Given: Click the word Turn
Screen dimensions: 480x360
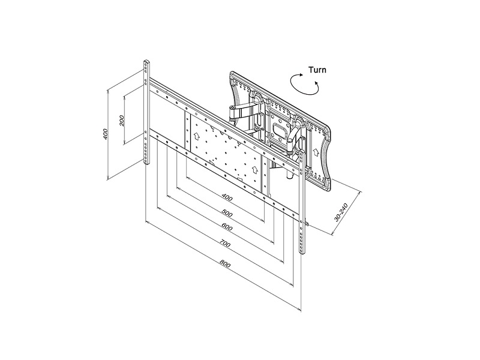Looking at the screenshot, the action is pyautogui.click(x=317, y=70).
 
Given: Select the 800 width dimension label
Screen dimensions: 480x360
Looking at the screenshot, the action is pyautogui.click(x=226, y=263).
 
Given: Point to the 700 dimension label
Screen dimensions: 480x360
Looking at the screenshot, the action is pyautogui.click(x=225, y=244).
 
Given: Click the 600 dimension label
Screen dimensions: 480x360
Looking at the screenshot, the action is pyautogui.click(x=227, y=227).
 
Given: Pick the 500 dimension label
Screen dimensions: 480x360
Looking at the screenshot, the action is pyautogui.click(x=227, y=213).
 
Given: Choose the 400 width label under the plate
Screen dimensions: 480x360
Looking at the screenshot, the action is pyautogui.click(x=227, y=197).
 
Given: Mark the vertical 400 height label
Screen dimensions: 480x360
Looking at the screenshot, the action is pyautogui.click(x=106, y=134).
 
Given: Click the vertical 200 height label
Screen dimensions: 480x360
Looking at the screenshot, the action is pyautogui.click(x=122, y=121).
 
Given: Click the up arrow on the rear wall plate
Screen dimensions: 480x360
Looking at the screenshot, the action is pyautogui.click(x=315, y=152).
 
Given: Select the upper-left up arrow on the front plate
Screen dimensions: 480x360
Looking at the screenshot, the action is pyautogui.click(x=197, y=136).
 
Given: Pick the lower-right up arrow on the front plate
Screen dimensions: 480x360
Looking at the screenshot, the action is pyautogui.click(x=254, y=169).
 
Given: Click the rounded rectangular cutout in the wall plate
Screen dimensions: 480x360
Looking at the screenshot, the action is pyautogui.click(x=279, y=129).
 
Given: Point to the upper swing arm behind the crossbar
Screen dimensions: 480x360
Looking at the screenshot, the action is pyautogui.click(x=244, y=111).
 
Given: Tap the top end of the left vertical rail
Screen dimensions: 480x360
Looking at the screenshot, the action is pyautogui.click(x=146, y=61).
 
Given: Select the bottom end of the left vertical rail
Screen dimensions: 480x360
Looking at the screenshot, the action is pyautogui.click(x=146, y=163).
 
